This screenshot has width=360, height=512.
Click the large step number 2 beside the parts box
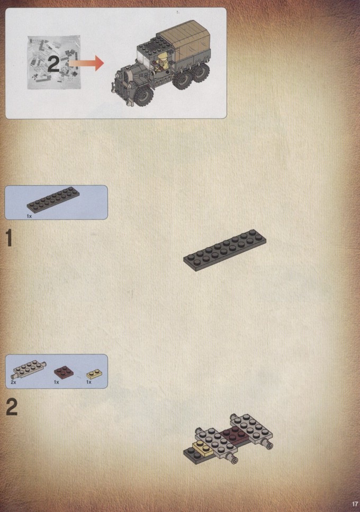point(12,407)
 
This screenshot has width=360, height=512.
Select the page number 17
point(355,504)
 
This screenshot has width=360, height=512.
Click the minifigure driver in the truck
point(161,63)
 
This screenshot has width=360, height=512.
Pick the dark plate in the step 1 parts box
point(53,200)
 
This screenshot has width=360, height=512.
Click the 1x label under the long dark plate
point(29,216)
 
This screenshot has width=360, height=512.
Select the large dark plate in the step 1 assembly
point(224,250)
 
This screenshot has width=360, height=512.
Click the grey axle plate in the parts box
point(30,369)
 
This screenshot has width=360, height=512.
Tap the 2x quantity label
point(13,382)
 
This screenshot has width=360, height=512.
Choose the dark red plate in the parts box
point(64,372)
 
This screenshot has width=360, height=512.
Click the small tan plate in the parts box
point(94,374)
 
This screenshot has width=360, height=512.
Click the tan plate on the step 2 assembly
point(203,447)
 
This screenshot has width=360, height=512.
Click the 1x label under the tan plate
point(88,382)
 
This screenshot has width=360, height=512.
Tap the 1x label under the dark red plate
point(56,382)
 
